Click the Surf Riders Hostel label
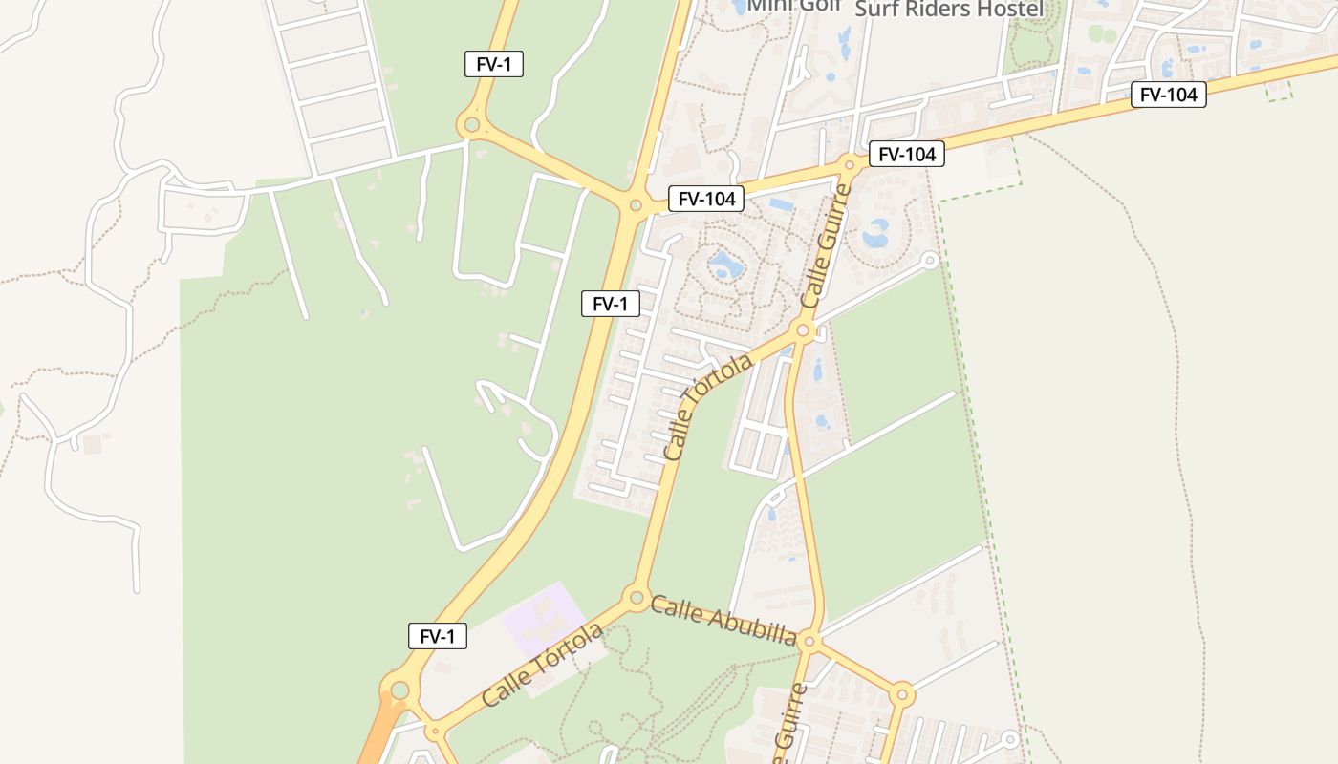pos(949,9)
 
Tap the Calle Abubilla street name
pos(723,620)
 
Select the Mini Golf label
pos(794,6)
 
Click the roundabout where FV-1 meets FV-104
pos(636,204)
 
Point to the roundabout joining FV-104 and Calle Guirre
pos(849,164)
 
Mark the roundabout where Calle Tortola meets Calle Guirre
pos(803,331)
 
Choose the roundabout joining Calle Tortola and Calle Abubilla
pos(637,599)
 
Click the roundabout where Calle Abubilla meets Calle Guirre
pos(809,640)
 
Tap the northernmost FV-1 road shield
pos(494,64)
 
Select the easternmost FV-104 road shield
pos(1168,95)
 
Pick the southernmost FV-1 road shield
pos(438,636)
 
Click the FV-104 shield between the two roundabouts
pos(705,199)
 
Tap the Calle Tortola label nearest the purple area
pos(543,665)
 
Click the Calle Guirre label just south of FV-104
pos(826,246)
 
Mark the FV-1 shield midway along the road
pos(611,304)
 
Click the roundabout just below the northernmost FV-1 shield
pos(470,124)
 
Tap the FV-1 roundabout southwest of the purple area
pos(399,690)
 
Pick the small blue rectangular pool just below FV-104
pos(781,204)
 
